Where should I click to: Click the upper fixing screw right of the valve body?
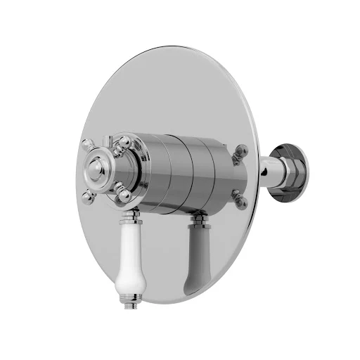tap(242, 151)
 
